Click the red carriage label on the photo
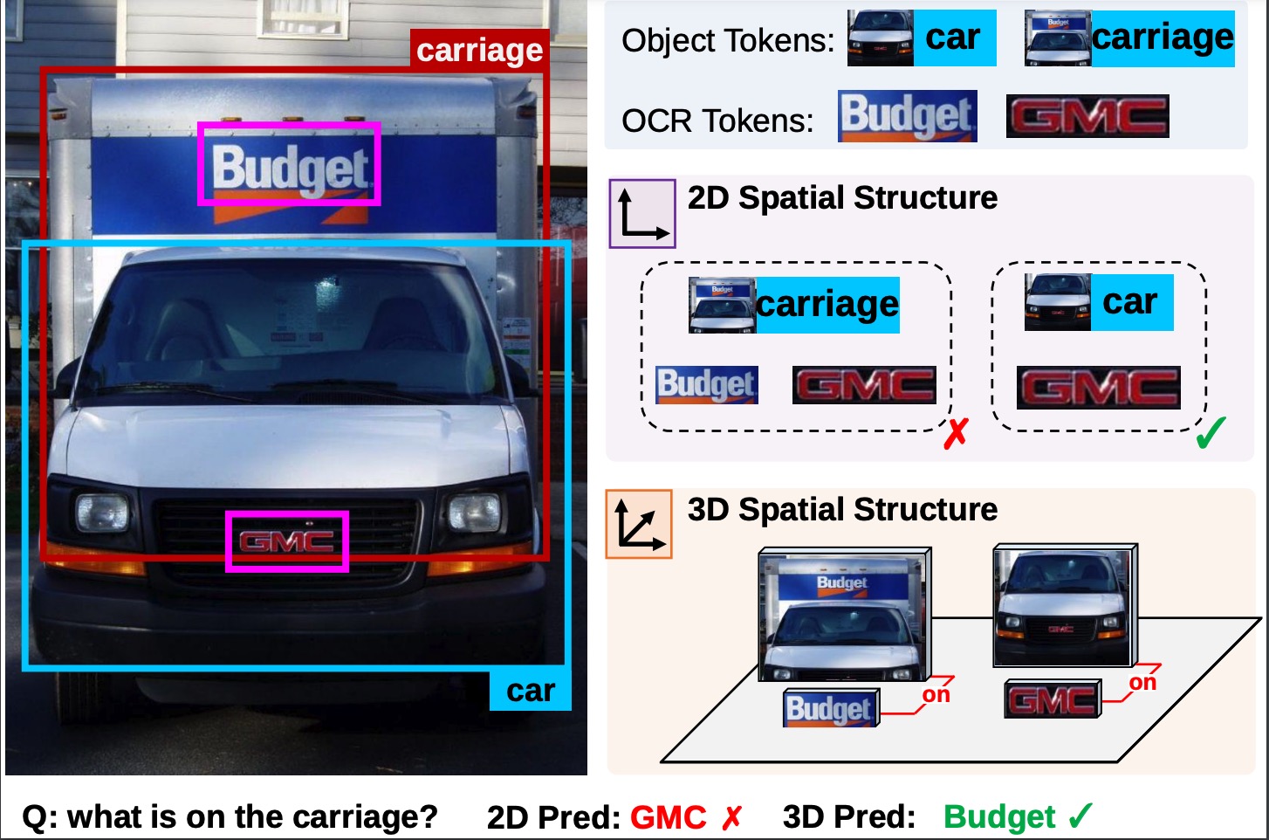coord(478,51)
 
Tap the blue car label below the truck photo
coord(530,691)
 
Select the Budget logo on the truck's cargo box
coord(290,166)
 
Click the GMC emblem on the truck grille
coord(287,541)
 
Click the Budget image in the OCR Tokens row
coord(907,116)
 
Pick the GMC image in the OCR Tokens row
coord(1087,117)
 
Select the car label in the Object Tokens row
coord(953,38)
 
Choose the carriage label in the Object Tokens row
coord(1162,38)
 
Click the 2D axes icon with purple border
coord(642,213)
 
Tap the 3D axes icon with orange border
coord(639,524)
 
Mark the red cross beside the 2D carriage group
coord(956,433)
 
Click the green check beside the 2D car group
coord(1211,433)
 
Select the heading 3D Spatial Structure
coord(842,509)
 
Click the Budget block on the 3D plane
coord(830,708)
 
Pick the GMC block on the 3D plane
coord(1053,699)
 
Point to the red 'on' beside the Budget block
coord(936,695)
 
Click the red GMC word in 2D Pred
coord(668,817)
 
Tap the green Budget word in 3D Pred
coord(999,817)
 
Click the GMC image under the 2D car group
coord(1098,388)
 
